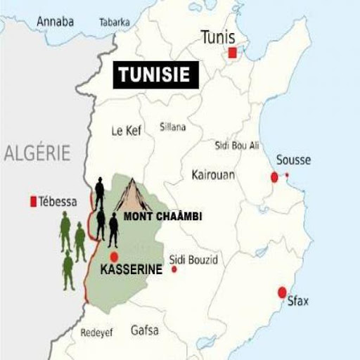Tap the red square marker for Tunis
tap(233, 53)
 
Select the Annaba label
tap(56, 21)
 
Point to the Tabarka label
tap(115, 22)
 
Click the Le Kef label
tap(127, 131)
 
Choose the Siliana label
tap(173, 127)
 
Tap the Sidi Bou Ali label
tap(236, 146)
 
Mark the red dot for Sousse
tap(274, 177)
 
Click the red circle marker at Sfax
tap(282, 292)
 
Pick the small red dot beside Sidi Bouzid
tap(174, 269)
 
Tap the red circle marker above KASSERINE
tap(114, 257)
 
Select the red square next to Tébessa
tap(33, 202)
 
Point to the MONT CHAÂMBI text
tap(162, 217)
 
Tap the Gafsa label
tap(144, 330)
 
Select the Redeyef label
tap(96, 333)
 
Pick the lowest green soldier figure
tap(68, 271)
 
